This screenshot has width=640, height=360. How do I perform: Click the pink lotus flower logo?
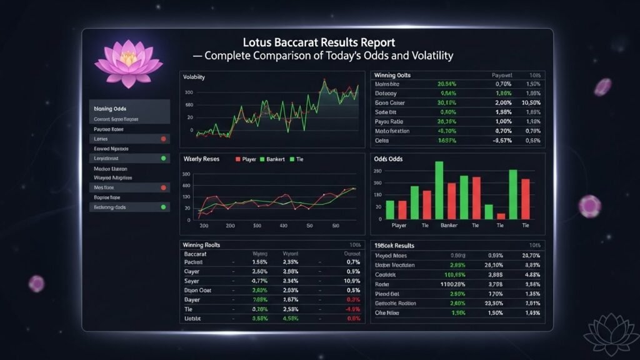[x=128, y=64]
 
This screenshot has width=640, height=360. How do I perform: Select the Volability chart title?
[x=194, y=77]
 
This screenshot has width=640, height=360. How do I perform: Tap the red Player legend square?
[x=237, y=159]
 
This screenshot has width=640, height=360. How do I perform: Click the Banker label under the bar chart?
[x=449, y=225]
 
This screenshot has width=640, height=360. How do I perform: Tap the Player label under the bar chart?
[x=398, y=225]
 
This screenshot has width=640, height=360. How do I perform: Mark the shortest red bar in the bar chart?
[x=501, y=216]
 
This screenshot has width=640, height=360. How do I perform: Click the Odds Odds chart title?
[x=388, y=159]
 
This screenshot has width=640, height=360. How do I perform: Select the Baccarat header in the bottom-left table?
[x=196, y=254]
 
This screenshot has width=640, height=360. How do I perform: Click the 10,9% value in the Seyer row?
[x=353, y=281]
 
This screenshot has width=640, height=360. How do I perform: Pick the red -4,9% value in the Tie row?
[x=353, y=309]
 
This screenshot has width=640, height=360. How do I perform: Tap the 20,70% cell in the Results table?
[x=530, y=256]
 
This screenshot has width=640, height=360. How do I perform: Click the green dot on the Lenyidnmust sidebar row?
[x=163, y=159]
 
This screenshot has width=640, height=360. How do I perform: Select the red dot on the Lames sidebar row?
[x=163, y=139]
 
